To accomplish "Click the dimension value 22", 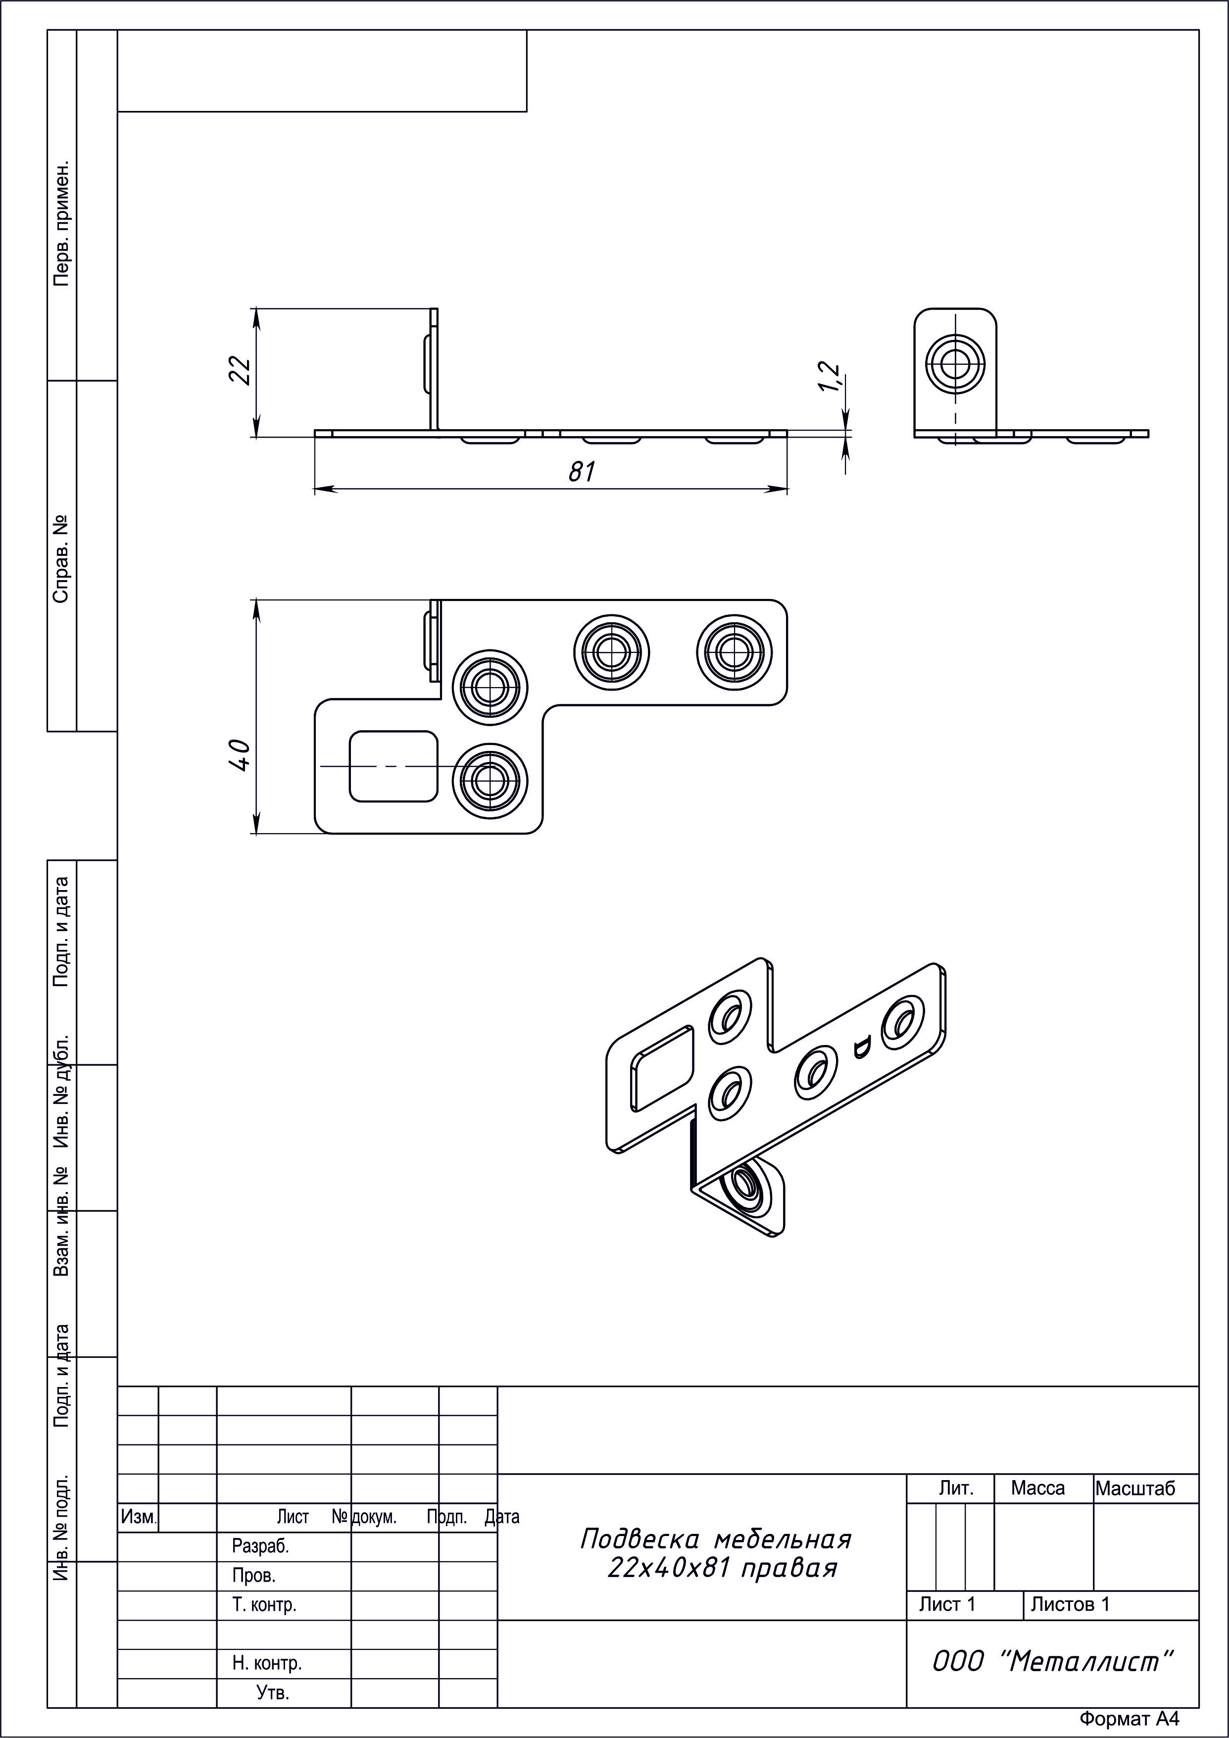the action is [240, 370].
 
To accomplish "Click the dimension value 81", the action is [582, 472].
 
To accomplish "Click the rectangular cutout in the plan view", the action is [393, 766].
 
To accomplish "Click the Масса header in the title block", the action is [1037, 1488].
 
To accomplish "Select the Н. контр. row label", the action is [267, 1663].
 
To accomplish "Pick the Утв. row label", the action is [272, 1692].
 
